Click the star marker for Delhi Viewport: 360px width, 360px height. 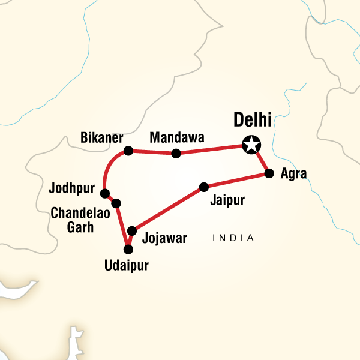click(251, 145)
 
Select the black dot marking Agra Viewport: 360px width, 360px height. click(269, 174)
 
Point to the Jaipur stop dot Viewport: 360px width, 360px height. click(204, 187)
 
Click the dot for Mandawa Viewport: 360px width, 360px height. click(176, 154)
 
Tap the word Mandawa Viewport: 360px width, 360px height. click(176, 138)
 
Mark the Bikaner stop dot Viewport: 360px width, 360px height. click(128, 150)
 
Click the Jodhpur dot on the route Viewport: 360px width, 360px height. click(104, 193)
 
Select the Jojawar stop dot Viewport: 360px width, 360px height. click(132, 230)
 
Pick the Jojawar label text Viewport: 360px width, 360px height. click(165, 238)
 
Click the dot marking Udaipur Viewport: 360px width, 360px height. click(127, 249)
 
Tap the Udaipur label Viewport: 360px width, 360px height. click(127, 265)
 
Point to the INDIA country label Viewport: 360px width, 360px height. click(233, 239)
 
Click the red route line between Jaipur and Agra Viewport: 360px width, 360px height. click(237, 180)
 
